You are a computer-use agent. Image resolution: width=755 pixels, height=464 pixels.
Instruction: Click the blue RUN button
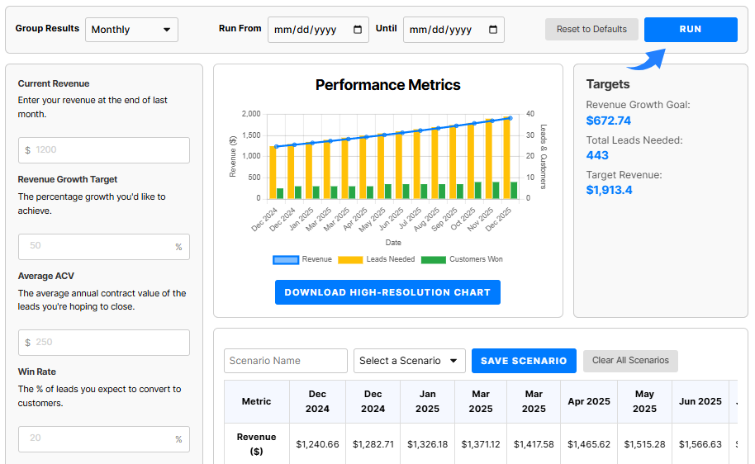coord(691,29)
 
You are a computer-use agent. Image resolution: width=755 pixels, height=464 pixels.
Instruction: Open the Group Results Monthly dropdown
coord(132,30)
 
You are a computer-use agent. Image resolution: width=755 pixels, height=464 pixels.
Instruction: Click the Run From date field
coord(318,30)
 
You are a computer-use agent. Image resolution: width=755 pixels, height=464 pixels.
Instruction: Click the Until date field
coord(453,30)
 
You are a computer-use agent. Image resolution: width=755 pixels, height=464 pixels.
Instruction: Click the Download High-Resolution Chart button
coord(387,292)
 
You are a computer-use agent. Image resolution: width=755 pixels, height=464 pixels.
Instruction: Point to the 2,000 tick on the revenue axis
coord(250,114)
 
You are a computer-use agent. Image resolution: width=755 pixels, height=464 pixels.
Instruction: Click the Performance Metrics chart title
coord(388,85)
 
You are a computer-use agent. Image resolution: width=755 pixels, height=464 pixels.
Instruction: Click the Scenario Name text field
coord(286,361)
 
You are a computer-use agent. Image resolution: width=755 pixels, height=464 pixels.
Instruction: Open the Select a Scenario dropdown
coord(410,361)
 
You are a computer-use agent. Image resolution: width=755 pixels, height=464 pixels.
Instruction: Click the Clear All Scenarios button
coord(630,361)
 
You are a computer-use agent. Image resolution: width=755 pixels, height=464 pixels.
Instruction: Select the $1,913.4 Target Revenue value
coord(608,190)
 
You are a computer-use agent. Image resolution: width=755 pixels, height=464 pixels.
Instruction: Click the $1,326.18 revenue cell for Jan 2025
coord(428,444)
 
